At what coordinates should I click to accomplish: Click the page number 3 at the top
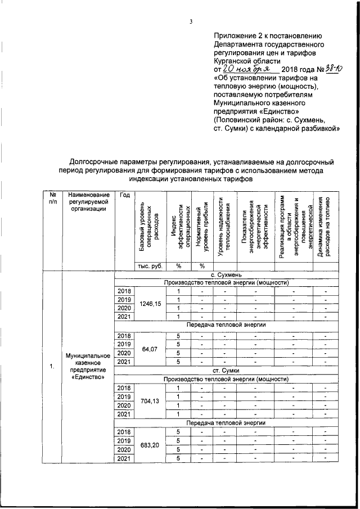(191, 22)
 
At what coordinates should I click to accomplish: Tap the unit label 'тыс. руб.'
(149, 265)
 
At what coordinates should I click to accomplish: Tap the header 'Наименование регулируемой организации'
(88, 201)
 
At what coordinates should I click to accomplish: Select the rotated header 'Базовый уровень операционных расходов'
(149, 225)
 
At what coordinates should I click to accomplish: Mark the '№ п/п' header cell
(52, 197)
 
